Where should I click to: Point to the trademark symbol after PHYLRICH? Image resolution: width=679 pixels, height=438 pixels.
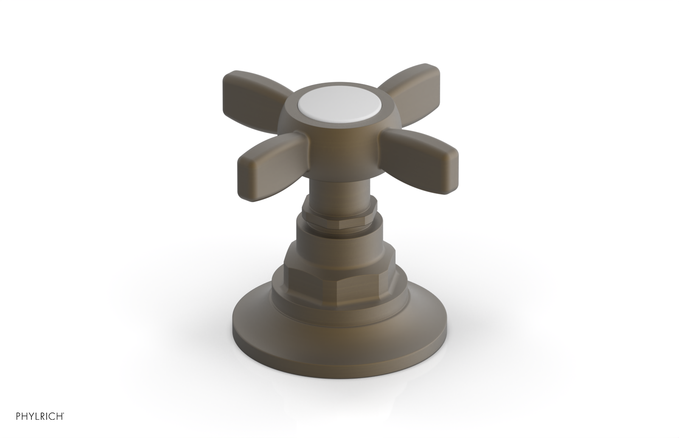(x=64, y=413)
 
